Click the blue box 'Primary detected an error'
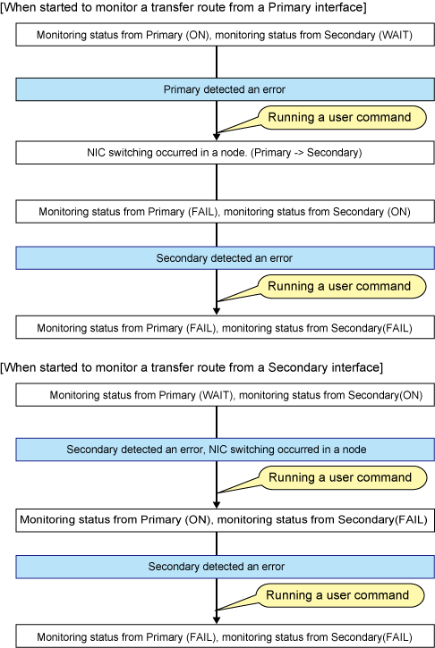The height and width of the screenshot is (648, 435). click(x=226, y=89)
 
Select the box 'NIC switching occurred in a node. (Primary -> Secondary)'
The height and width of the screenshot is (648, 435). click(x=226, y=153)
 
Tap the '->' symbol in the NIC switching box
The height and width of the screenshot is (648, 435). click(x=297, y=153)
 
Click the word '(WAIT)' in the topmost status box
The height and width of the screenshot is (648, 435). click(x=396, y=35)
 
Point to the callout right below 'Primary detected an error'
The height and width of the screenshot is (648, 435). click(x=342, y=118)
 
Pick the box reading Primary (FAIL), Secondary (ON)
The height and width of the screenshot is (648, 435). click(x=226, y=212)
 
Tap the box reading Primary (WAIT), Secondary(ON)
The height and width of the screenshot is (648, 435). click(x=226, y=395)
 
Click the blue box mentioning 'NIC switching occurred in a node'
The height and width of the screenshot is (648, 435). click(x=226, y=450)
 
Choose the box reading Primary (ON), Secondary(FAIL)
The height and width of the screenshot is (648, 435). click(x=226, y=520)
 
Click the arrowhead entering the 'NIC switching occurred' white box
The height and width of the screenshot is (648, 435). click(x=217, y=137)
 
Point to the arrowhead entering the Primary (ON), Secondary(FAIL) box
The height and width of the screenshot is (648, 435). click(x=217, y=505)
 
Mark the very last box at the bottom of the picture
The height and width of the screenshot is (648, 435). click(x=226, y=636)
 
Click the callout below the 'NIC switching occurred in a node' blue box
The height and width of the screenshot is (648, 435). click(x=343, y=478)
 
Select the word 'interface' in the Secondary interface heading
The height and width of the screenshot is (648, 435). click(x=354, y=367)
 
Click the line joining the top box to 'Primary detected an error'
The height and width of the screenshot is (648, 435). click(x=217, y=62)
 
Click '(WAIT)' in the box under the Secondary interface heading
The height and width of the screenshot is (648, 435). click(x=216, y=395)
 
